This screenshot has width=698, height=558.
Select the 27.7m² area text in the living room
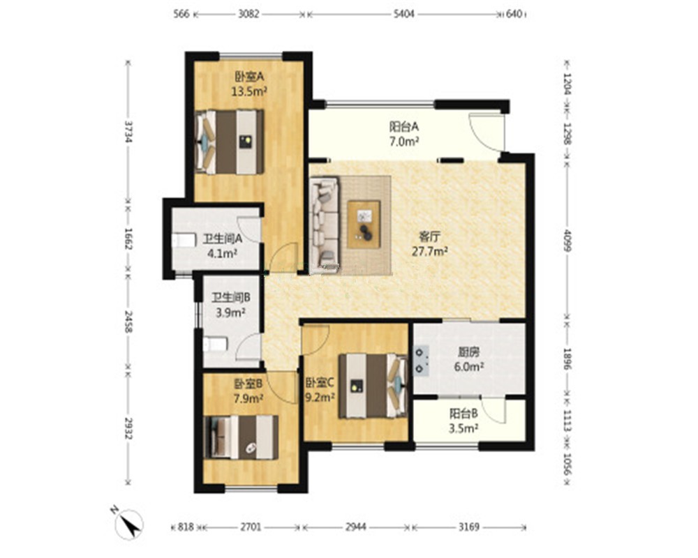point(429,251)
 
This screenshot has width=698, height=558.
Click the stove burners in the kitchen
point(421,361)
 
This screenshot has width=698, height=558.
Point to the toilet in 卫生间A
point(184,240)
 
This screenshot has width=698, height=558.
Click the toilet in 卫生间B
point(216,344)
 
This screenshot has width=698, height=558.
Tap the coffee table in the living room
point(364,225)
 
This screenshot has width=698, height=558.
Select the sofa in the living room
point(325,225)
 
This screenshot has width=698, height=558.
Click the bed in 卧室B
point(241,437)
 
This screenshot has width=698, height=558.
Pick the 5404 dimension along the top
point(403,14)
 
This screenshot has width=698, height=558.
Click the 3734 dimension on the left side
point(128,132)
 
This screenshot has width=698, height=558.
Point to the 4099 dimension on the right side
point(567,240)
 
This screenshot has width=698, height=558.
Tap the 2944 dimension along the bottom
point(356,527)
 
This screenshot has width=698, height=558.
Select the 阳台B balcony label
point(463,414)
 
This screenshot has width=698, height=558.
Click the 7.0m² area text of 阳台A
point(404,142)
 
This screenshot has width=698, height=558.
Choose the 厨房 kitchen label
point(469,352)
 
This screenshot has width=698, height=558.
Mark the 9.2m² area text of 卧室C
point(320,398)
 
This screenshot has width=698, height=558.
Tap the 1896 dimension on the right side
point(567,359)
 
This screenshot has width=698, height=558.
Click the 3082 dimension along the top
point(248,14)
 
